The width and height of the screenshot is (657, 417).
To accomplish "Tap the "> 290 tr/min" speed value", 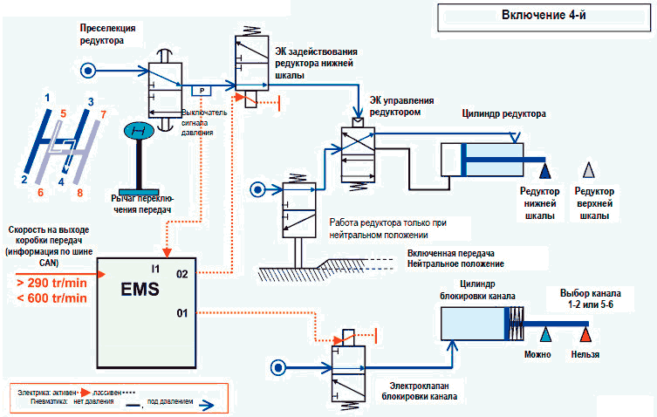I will pyautogui.click(x=51, y=284).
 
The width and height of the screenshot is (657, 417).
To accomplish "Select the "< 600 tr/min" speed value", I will pyautogui.click(x=51, y=298).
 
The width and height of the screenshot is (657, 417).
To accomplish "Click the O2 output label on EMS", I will pyautogui.click(x=181, y=273).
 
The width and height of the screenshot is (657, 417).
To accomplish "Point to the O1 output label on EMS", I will pyautogui.click(x=182, y=311).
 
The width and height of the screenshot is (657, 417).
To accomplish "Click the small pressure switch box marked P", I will pyautogui.click(x=200, y=90).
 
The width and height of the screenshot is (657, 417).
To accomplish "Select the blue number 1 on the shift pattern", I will pyautogui.click(x=48, y=98).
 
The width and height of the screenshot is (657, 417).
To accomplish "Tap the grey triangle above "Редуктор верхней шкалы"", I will pyautogui.click(x=591, y=169).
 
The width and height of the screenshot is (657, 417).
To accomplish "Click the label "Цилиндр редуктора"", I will pyautogui.click(x=503, y=114).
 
